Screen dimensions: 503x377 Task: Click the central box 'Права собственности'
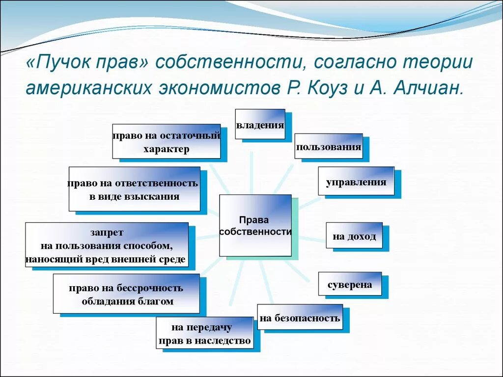(x=255, y=225)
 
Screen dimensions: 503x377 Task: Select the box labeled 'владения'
(x=260, y=124)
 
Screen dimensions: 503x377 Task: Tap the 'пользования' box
(x=328, y=146)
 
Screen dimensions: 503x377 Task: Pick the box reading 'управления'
(x=356, y=182)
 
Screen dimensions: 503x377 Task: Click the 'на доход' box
(x=354, y=236)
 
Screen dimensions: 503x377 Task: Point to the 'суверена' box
(x=349, y=284)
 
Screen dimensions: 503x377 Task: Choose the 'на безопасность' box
(x=300, y=318)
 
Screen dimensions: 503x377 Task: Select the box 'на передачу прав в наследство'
(x=204, y=333)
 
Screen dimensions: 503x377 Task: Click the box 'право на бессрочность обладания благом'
(x=126, y=294)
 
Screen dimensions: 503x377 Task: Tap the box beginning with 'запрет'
(x=107, y=245)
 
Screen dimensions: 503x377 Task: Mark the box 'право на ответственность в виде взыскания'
(x=134, y=189)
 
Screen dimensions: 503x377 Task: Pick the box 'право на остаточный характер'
(x=166, y=142)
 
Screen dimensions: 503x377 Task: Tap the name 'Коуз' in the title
(x=328, y=88)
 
